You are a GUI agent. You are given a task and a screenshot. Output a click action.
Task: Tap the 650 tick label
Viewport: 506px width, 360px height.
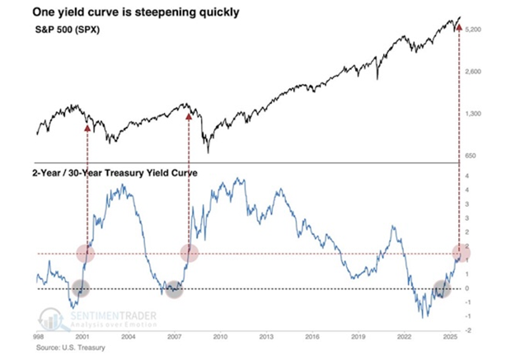pyautogui.click(x=471, y=155)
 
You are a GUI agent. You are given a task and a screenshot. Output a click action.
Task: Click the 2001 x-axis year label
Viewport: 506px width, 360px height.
pyautogui.click(x=82, y=338)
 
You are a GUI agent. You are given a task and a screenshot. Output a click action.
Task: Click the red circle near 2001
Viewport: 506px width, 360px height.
pyautogui.click(x=87, y=253)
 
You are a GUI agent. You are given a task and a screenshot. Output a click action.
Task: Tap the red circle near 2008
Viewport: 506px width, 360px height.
pyautogui.click(x=190, y=253)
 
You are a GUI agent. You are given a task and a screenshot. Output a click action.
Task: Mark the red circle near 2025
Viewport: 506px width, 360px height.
pyautogui.click(x=458, y=253)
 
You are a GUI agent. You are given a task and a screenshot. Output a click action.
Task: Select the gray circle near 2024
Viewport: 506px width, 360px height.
pyautogui.click(x=443, y=288)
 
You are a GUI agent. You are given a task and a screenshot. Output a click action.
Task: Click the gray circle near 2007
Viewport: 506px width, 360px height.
pyautogui.click(x=174, y=288)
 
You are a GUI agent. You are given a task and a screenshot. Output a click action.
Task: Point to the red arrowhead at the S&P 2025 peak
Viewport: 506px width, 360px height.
pyautogui.click(x=458, y=27)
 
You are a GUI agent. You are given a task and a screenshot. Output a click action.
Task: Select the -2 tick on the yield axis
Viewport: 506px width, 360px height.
pyautogui.click(x=467, y=330)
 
